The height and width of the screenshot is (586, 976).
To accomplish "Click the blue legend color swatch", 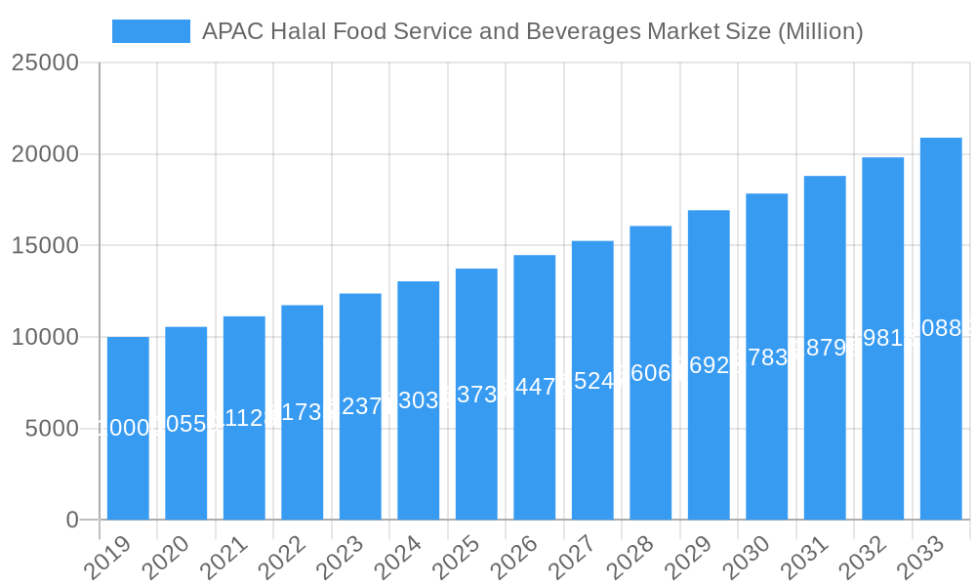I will (x=151, y=31).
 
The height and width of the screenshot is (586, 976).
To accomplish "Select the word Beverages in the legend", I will (x=583, y=31).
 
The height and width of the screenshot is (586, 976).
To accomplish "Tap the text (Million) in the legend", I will (x=820, y=31).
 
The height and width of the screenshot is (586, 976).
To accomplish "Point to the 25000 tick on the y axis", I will (x=45, y=63).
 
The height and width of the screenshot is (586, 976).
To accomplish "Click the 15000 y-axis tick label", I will (x=45, y=246).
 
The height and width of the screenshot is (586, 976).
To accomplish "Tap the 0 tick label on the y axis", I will (x=72, y=521).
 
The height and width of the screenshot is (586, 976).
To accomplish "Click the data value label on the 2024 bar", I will (x=419, y=400).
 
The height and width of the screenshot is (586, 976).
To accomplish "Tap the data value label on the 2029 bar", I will (x=709, y=364).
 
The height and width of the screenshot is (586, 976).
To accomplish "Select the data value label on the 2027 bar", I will (x=592, y=381).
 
